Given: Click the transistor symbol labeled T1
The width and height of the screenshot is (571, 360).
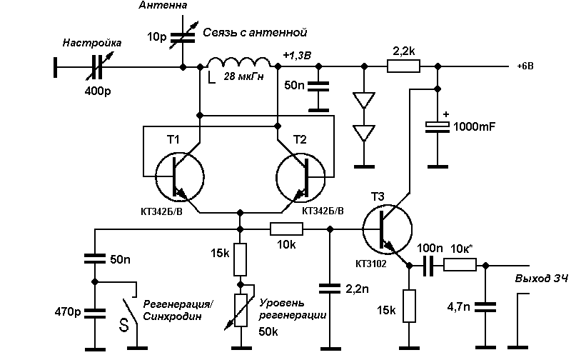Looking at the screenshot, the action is (180, 177).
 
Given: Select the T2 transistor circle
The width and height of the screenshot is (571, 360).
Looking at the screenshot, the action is (300, 177).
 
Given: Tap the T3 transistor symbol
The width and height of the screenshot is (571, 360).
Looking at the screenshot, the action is (388, 229).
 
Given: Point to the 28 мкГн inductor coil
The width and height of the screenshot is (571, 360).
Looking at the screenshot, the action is (239, 62).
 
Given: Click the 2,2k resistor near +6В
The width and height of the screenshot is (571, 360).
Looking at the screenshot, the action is (403, 66).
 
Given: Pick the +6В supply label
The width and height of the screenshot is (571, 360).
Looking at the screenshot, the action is (525, 66).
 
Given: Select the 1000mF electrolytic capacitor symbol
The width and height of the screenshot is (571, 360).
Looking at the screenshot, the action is (438, 127).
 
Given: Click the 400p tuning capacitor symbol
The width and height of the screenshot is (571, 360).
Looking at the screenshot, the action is (97, 67).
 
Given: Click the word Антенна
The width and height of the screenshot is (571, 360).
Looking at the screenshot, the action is (163, 5).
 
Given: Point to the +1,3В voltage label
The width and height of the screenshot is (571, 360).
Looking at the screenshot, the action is (297, 56).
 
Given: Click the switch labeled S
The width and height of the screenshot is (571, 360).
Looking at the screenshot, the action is (129, 310).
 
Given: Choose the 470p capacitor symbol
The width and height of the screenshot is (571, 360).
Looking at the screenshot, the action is (95, 314).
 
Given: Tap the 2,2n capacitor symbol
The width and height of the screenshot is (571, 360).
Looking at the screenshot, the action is (330, 289).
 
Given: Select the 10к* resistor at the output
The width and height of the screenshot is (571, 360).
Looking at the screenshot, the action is (460, 265).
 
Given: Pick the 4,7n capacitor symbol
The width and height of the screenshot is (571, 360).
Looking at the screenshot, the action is (485, 307).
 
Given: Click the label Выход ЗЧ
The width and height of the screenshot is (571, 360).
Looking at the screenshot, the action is (542, 279).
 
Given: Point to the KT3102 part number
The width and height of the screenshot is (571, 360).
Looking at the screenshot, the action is (370, 264).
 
